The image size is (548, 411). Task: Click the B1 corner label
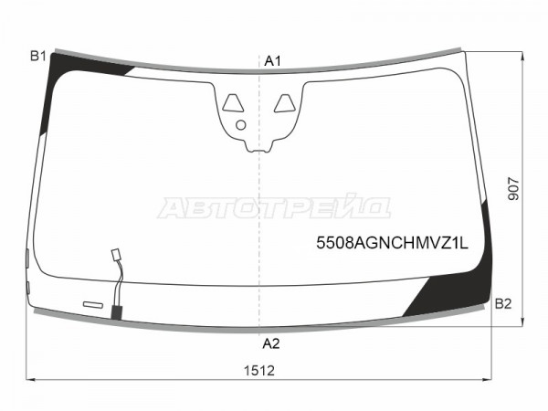[x=38, y=56]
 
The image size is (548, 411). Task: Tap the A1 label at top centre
[x=272, y=61]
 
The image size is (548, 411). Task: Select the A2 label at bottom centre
[x=271, y=344]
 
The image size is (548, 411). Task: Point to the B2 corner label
[x=503, y=304]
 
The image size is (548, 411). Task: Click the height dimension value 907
[x=513, y=189]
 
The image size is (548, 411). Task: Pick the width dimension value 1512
[x=259, y=371]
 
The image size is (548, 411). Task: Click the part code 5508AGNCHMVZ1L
[x=392, y=243]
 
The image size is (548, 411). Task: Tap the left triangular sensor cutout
[x=233, y=103]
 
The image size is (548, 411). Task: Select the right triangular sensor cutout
[x=284, y=103]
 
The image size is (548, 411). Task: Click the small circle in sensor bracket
[x=241, y=125]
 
